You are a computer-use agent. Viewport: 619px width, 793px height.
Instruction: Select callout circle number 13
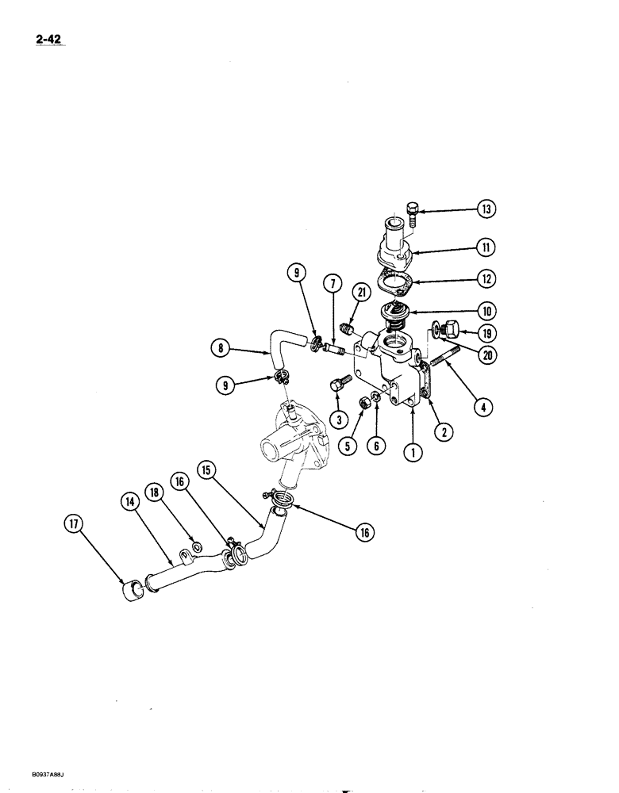[485, 210]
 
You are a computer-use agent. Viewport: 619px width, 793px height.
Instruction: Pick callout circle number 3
[339, 418]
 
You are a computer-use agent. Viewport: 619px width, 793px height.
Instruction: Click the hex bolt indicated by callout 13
[412, 211]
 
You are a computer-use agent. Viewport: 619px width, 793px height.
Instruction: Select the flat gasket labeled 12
[394, 282]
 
